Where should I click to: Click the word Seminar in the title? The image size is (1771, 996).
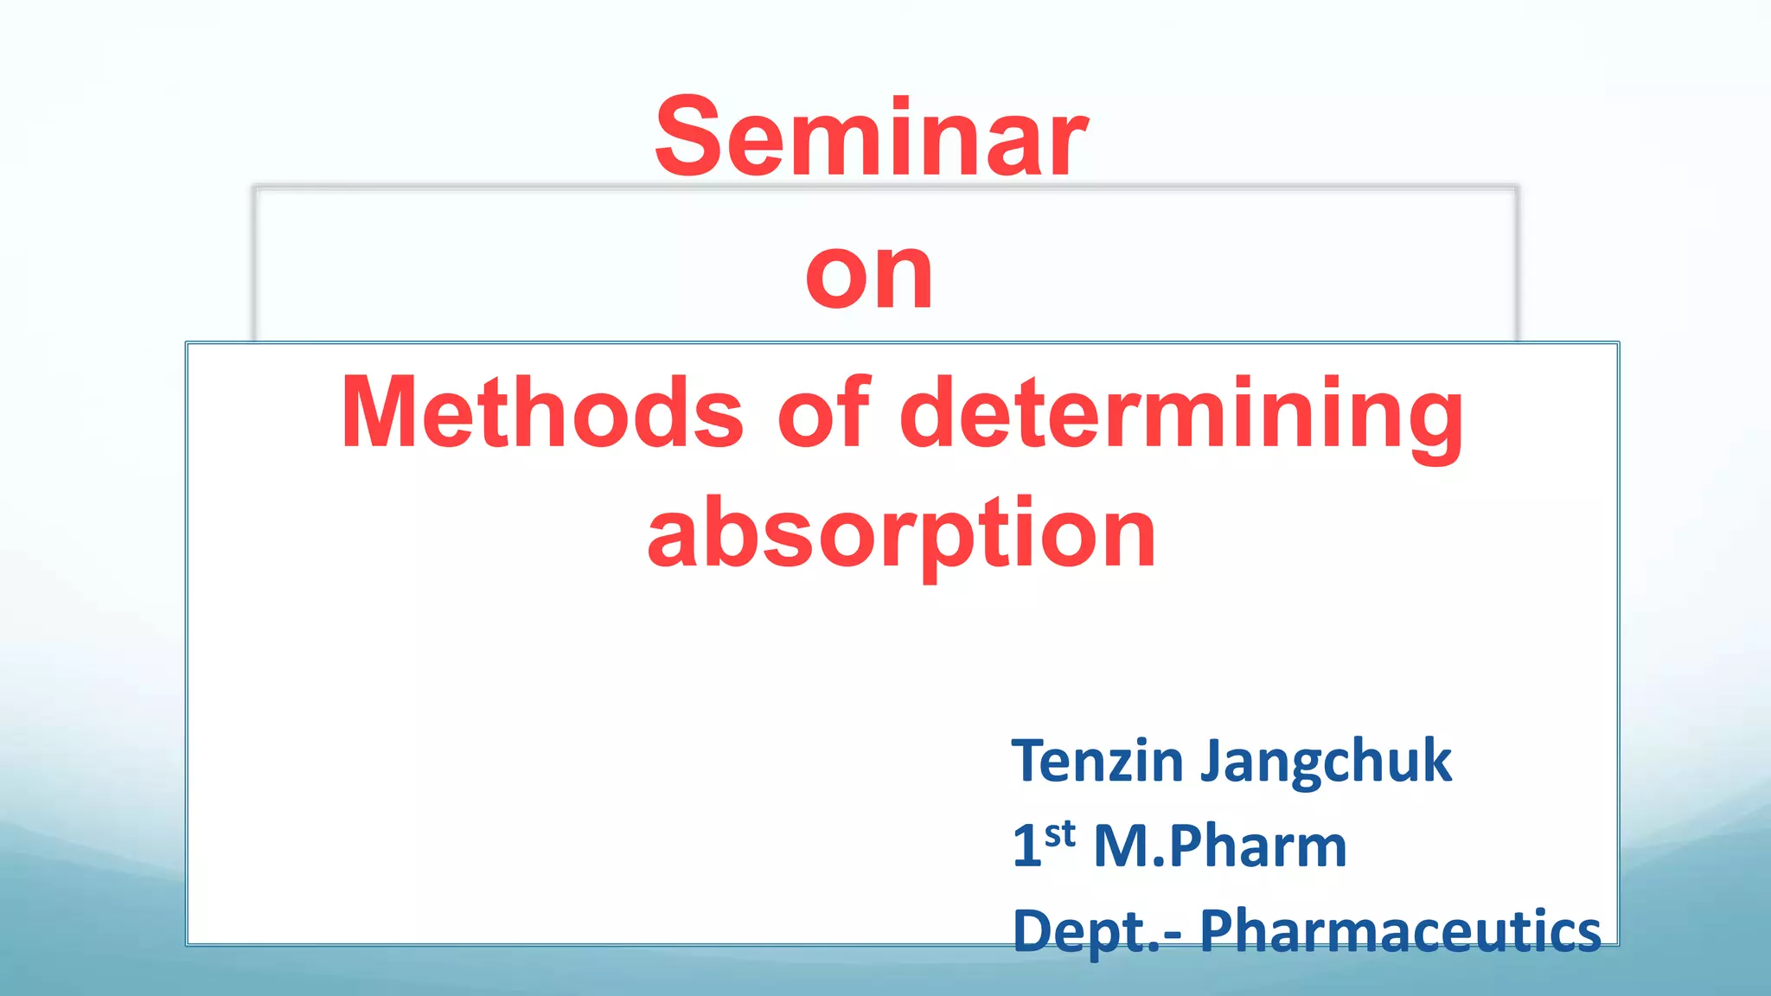tap(870, 138)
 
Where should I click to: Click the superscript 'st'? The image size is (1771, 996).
tap(1059, 835)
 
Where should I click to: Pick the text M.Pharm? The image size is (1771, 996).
tap(1219, 846)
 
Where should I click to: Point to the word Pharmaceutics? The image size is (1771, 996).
tap(1400, 930)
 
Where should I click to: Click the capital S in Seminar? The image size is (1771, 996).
tap(688, 138)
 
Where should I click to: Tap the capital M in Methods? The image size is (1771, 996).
tap(379, 413)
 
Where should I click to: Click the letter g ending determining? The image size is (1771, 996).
tap(1435, 424)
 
